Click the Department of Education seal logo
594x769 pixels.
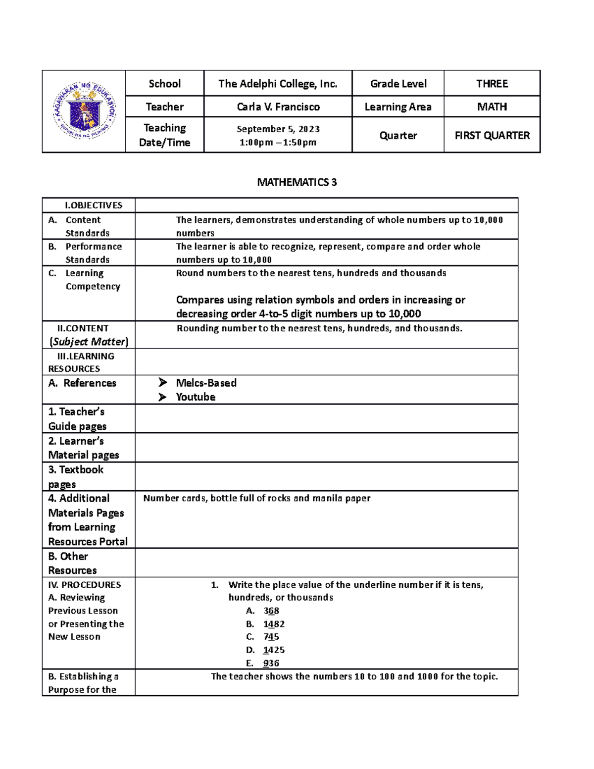[85, 111]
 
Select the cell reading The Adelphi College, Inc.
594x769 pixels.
[278, 84]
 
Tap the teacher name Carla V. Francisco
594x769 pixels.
[278, 107]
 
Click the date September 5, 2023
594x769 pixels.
[278, 129]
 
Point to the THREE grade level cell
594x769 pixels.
[492, 84]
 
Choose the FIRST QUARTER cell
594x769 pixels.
[492, 135]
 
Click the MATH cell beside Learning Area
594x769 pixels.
[492, 107]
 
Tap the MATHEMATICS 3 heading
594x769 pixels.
[297, 182]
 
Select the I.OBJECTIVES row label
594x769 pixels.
[93, 205]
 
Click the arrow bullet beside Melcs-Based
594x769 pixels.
[162, 382]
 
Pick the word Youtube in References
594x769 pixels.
[196, 397]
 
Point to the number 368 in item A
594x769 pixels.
[271, 611]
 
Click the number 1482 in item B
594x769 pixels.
[274, 624]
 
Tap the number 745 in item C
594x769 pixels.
[271, 637]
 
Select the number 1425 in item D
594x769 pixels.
[274, 650]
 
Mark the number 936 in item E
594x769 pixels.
[271, 663]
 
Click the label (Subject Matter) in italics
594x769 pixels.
[89, 342]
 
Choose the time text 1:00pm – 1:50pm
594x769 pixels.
[278, 143]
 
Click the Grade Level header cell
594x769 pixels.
[398, 84]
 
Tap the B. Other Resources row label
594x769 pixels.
[72, 563]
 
